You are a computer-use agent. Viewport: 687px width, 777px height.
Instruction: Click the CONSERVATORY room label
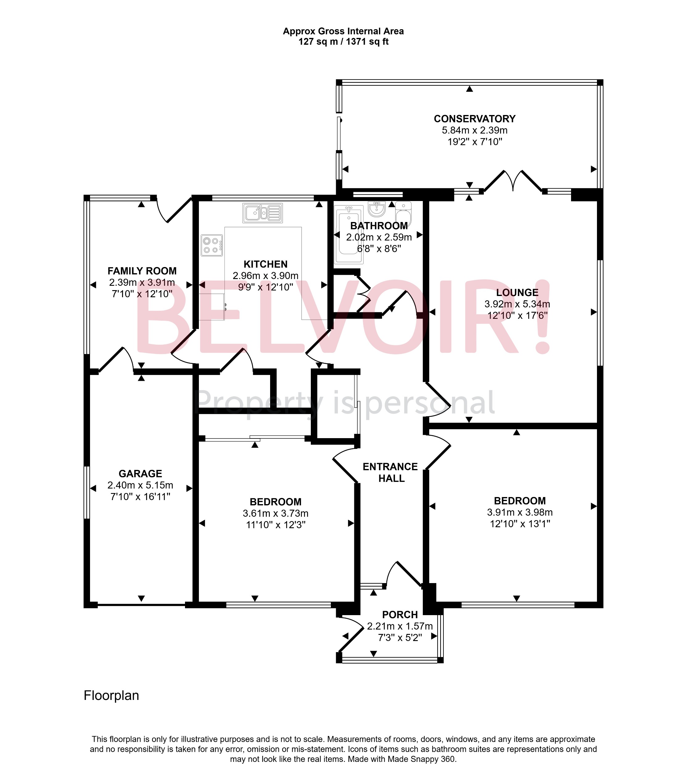[475, 119]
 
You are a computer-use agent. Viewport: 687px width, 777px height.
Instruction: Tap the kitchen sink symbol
[262, 213]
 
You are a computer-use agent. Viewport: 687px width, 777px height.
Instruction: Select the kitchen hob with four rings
[212, 245]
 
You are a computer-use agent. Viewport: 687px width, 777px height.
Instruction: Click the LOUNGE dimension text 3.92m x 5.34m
[517, 304]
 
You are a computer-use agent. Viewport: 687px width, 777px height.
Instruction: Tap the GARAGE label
[140, 474]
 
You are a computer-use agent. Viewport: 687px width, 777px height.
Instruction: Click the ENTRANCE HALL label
[390, 472]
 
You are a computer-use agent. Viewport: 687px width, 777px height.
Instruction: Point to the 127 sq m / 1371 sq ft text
[343, 42]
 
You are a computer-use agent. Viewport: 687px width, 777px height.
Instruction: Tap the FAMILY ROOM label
[142, 271]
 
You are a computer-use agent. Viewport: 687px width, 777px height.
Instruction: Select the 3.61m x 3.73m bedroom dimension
[276, 514]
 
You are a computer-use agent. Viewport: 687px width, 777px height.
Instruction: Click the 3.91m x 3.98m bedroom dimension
[520, 512]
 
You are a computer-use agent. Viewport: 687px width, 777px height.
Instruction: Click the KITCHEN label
[265, 264]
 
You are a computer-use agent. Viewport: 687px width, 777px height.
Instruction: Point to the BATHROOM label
[379, 226]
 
